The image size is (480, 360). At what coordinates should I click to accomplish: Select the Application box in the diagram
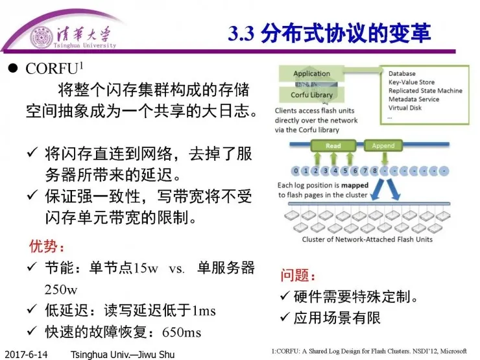[x=311, y=73]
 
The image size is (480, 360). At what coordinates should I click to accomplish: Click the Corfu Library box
[x=311, y=95]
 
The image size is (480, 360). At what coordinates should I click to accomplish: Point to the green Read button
[x=333, y=146]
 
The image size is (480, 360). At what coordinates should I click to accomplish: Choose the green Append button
[x=383, y=146]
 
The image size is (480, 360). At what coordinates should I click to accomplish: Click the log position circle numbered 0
[x=295, y=171]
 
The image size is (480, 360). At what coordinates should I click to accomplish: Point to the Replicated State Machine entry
[x=425, y=91]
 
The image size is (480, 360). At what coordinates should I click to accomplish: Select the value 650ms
[x=182, y=332]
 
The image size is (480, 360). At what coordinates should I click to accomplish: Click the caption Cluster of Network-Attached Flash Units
[x=367, y=239]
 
